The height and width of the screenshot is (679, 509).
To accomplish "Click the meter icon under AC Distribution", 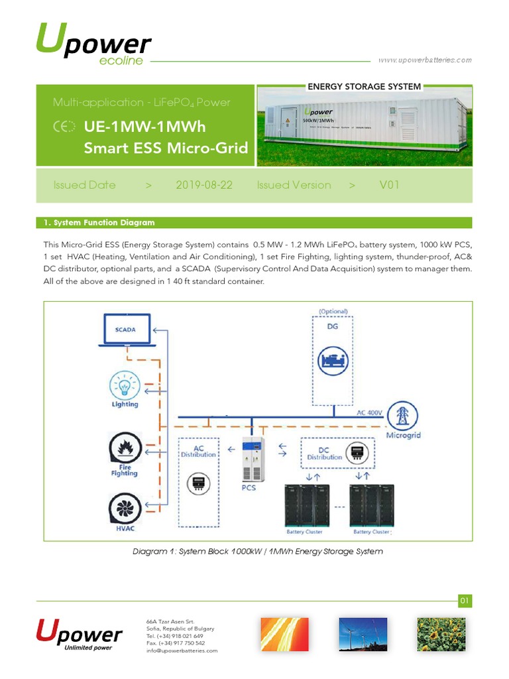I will [x=197, y=483].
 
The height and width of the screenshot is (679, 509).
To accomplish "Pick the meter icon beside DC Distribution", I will [x=359, y=452].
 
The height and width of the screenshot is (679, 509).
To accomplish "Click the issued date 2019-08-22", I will [x=204, y=185].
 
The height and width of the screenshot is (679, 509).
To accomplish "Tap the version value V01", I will [x=389, y=185].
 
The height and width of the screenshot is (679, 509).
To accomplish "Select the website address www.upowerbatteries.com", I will [x=425, y=60].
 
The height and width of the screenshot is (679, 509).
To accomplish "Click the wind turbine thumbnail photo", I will [x=359, y=635].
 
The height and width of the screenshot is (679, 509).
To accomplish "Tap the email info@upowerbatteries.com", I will [x=182, y=650].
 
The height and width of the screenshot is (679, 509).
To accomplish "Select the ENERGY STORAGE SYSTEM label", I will [x=364, y=86].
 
